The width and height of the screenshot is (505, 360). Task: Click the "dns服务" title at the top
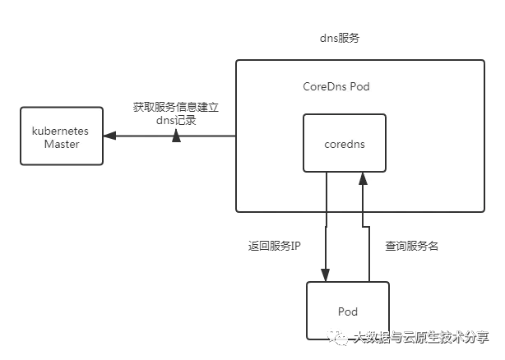pyautogui.click(x=339, y=39)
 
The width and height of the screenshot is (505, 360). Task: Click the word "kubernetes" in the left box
pyautogui.click(x=60, y=131)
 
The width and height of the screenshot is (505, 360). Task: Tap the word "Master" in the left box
pyautogui.click(x=62, y=144)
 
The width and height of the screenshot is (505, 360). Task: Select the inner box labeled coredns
pyautogui.click(x=344, y=143)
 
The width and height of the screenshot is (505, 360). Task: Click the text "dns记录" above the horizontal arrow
pyautogui.click(x=175, y=120)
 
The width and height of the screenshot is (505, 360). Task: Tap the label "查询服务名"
pyautogui.click(x=411, y=245)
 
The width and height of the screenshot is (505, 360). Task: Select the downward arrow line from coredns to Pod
pyautogui.click(x=327, y=222)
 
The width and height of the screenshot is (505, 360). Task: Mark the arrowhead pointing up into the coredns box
pyautogui.click(x=363, y=178)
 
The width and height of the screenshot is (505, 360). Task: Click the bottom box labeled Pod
pyautogui.click(x=347, y=311)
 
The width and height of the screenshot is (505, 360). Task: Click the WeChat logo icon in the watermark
pyautogui.click(x=338, y=337)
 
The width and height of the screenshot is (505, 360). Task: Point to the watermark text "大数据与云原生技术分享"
pyautogui.click(x=419, y=337)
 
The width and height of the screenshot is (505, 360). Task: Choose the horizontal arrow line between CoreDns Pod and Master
pyautogui.click(x=206, y=136)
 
